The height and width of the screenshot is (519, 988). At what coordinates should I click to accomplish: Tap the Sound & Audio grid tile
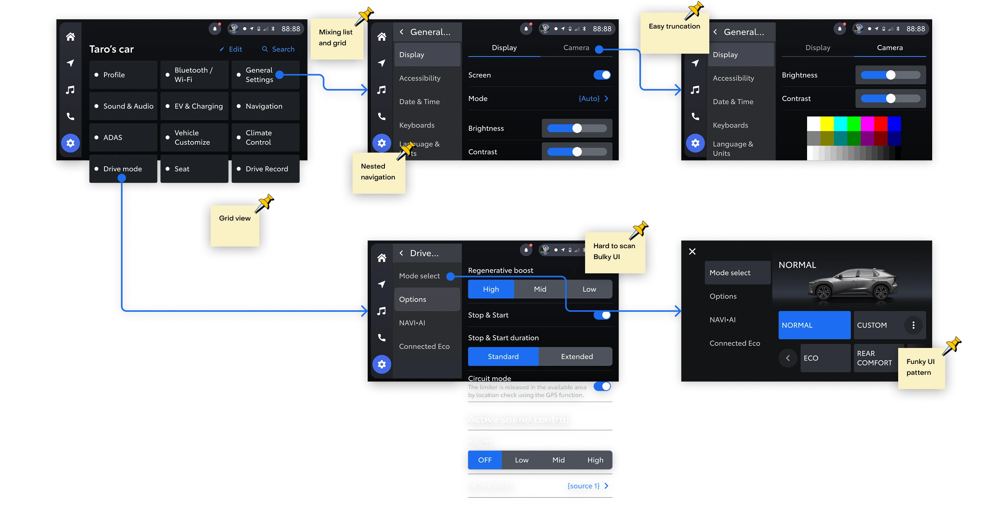(x=123, y=106)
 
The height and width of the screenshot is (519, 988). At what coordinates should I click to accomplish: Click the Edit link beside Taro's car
(x=231, y=49)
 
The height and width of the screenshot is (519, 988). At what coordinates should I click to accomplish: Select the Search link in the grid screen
(x=278, y=49)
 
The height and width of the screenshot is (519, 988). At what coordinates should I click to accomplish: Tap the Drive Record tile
(x=266, y=169)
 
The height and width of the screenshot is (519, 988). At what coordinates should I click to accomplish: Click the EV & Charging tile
(x=194, y=106)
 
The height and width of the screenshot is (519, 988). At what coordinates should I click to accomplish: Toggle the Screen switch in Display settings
(x=602, y=75)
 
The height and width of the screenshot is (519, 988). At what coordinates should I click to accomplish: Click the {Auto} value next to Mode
(x=589, y=99)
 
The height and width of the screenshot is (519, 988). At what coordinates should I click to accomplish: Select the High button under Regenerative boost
(x=491, y=289)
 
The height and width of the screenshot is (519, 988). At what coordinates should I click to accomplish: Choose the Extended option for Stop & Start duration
(x=576, y=356)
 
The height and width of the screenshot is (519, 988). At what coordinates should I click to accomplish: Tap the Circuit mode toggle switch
(x=602, y=387)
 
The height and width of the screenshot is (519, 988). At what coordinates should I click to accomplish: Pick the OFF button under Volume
(x=485, y=460)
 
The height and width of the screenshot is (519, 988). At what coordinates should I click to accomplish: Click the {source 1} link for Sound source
(x=584, y=486)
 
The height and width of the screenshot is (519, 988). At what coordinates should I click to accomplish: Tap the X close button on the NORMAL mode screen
(x=692, y=252)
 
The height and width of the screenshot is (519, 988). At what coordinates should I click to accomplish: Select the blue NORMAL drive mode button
(x=814, y=325)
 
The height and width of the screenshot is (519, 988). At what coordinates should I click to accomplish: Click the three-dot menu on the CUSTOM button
(x=913, y=325)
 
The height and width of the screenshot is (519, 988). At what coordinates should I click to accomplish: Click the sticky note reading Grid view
(x=235, y=226)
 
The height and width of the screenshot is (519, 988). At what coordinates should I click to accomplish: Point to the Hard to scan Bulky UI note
(x=614, y=252)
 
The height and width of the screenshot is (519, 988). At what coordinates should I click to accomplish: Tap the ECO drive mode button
(x=825, y=358)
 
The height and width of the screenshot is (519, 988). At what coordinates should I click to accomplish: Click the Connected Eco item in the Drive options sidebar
(x=424, y=346)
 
